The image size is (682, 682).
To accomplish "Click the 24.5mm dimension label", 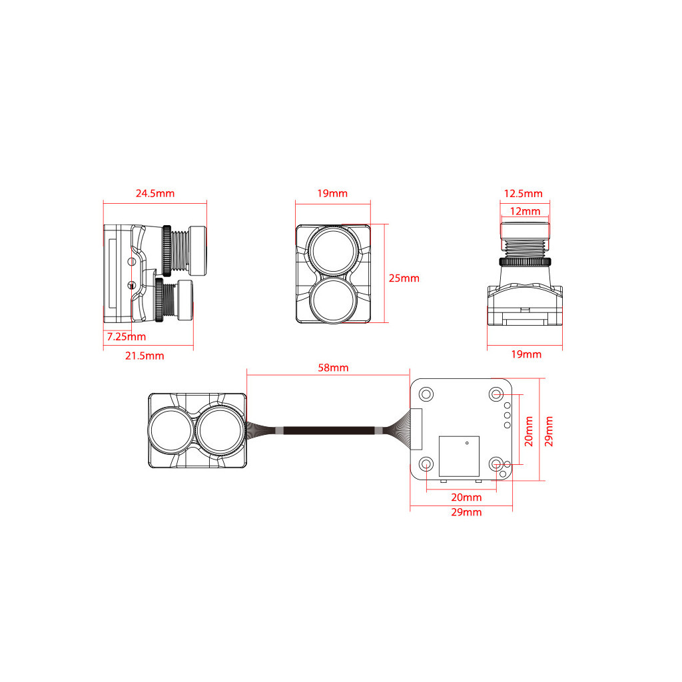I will point(155,194).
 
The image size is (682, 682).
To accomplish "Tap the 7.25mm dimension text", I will point(127,337).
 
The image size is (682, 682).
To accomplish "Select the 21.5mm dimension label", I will point(145,356).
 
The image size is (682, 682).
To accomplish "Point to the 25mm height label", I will point(404,278).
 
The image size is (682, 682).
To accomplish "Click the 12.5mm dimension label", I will point(523,194).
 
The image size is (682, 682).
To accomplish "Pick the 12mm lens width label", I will point(525,211).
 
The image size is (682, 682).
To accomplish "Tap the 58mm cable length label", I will point(334,368).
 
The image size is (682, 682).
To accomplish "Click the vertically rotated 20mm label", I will point(529,431).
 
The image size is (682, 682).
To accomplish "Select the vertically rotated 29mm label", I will point(549,431).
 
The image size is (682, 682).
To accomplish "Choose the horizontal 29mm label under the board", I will point(466,512).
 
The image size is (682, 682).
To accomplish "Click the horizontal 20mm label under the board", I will point(466,498).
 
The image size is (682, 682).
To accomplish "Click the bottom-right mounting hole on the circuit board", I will point(496,464).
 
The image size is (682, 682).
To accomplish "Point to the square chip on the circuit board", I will point(458,456).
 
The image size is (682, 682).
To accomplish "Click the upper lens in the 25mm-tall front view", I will point(333,249).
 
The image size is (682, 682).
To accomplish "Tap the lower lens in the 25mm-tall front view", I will point(333,300).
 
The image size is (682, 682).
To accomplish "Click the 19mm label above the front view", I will point(332,194).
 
